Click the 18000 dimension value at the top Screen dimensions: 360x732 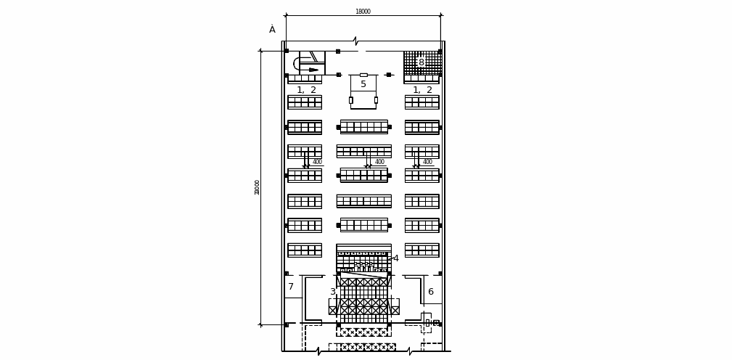coord(363,12)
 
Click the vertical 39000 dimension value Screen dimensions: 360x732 coord(258,187)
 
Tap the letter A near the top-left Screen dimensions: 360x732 coord(272,29)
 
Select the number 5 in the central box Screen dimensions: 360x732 coord(363,84)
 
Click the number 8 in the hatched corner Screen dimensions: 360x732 coord(421,62)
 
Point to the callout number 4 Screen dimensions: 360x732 coord(396,258)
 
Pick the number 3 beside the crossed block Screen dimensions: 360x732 coord(333,292)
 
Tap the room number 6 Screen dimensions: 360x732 coord(430,292)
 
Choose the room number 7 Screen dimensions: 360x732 coord(291,287)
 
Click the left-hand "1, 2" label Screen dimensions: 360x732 coord(306,90)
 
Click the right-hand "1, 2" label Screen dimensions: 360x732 coord(422,90)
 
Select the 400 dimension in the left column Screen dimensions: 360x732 coord(317,162)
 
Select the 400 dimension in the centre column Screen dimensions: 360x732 coord(379,162)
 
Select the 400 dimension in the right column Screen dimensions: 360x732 coord(427,162)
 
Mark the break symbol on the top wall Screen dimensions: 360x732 coord(355,41)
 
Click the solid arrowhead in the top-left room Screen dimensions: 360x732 coord(313,70)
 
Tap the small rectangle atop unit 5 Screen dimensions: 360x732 coord(363,75)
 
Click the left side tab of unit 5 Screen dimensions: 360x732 coord(351,100)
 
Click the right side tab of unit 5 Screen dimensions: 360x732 coord(376,100)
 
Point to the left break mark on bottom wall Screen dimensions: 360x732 coord(318,351)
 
